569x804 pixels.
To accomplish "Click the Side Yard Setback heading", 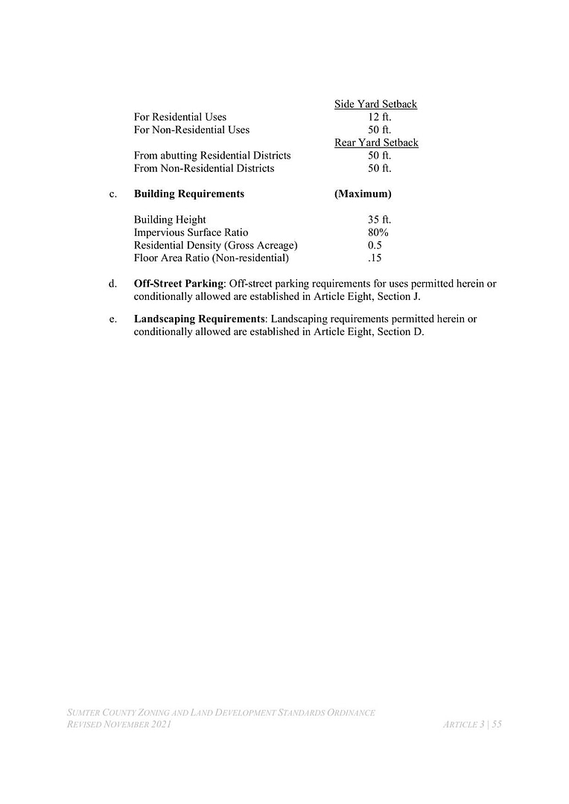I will coord(375,104).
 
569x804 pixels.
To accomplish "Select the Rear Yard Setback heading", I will coord(376,142).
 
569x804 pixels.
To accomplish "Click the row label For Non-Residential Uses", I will coord(191,130).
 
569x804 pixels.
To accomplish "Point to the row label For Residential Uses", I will coord(180,117).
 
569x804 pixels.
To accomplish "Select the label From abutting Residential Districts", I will coord(212,156).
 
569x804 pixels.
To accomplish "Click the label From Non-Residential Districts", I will coord(204,168).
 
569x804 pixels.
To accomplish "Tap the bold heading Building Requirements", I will coord(188,194).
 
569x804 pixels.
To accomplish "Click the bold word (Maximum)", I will coord(363,194).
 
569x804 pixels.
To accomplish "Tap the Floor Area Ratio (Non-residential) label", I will coord(211,258).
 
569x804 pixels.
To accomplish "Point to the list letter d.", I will coord(112,284).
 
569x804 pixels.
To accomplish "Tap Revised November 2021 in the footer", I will coord(119,724).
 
